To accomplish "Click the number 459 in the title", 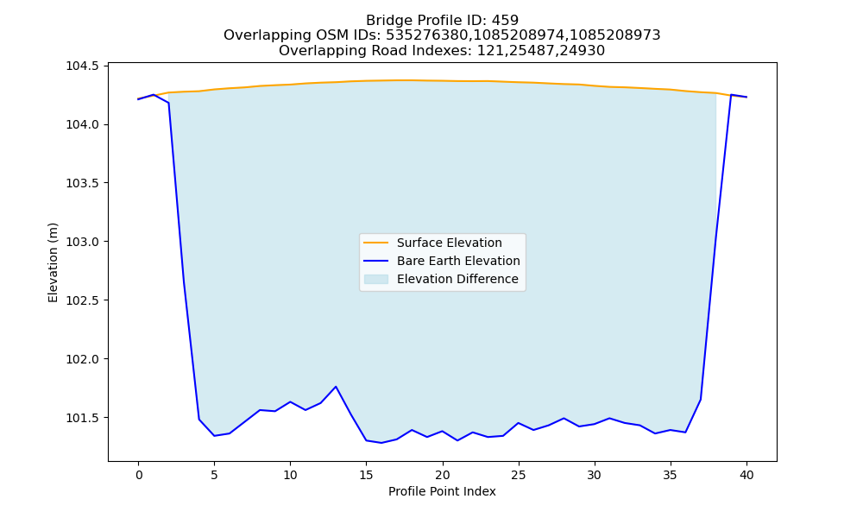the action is [505, 21].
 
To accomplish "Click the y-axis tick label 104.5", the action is [83, 66].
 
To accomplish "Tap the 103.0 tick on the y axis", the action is [83, 242].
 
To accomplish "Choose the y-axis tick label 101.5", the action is [83, 418].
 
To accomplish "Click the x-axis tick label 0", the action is [139, 475].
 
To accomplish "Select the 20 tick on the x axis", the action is [443, 475].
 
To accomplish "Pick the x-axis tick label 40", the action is [746, 475].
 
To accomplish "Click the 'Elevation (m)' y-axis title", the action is [53, 262].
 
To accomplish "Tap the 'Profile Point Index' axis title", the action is [442, 491].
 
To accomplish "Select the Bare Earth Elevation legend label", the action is [458, 261].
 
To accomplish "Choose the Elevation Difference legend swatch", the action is [376, 279].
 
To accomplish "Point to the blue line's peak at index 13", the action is [336, 387].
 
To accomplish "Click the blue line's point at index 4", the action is [199, 420].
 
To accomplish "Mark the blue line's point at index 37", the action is [701, 400].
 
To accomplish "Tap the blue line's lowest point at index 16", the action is [381, 443].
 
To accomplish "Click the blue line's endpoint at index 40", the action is [746, 97].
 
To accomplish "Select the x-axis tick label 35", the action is [671, 475].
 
